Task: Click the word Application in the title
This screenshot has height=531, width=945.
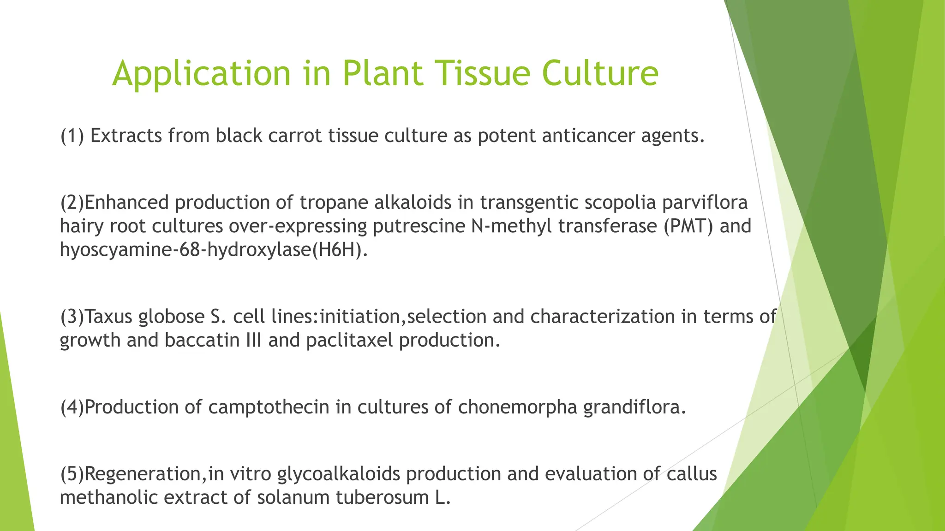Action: (x=201, y=74)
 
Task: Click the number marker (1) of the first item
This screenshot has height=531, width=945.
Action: (x=72, y=136)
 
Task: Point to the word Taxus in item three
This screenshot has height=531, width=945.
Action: (x=109, y=317)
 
